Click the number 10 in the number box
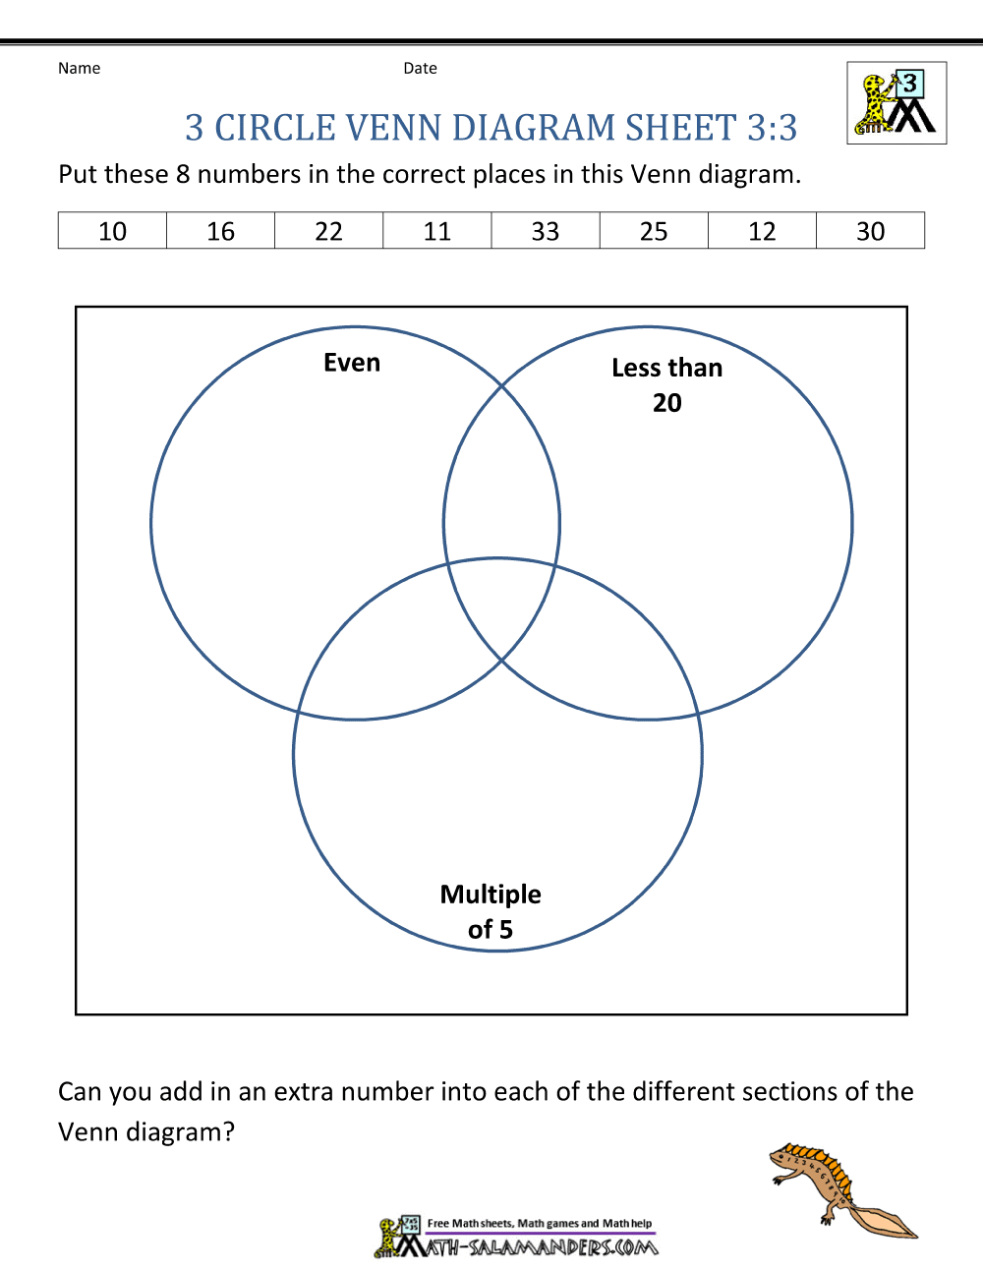[x=112, y=231]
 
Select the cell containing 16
[x=220, y=231]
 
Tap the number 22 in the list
[x=329, y=231]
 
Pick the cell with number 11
[x=437, y=231]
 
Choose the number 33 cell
[x=546, y=231]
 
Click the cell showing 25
[x=654, y=231]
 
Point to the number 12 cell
[x=762, y=231]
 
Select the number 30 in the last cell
[x=871, y=231]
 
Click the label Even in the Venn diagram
[x=352, y=363]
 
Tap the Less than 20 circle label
[x=667, y=385]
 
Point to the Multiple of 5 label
[x=491, y=911]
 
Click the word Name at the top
[x=79, y=69]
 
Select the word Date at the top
[x=420, y=69]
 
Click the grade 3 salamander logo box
[x=896, y=103]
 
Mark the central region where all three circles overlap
[x=501, y=608]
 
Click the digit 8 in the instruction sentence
[x=183, y=174]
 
